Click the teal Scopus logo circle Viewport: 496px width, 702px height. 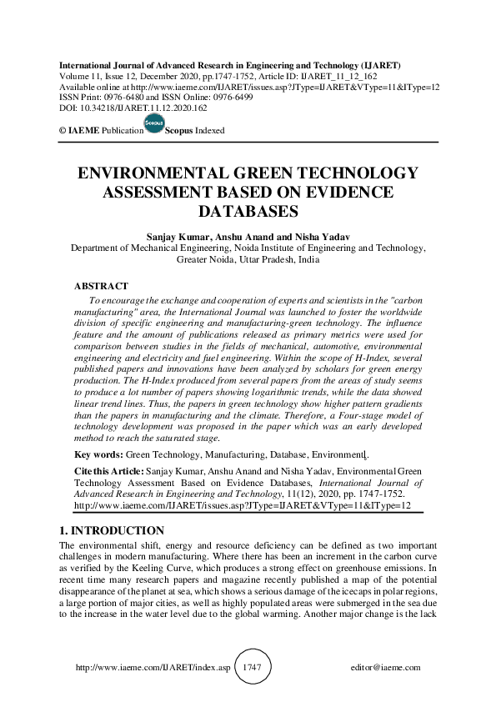click(154, 124)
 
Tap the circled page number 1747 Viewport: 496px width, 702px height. click(252, 668)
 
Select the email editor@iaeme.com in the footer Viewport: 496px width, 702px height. click(386, 668)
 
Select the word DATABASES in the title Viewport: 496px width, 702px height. click(248, 212)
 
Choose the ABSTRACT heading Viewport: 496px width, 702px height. click(102, 286)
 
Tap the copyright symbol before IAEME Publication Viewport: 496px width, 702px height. click(62, 131)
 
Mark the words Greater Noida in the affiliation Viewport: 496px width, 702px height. click(205, 259)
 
